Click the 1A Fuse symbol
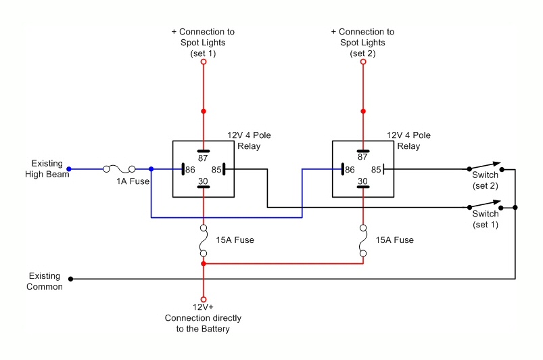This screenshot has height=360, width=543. point(119,169)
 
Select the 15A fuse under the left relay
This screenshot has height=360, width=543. point(203,240)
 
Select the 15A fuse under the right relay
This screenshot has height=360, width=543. point(363,240)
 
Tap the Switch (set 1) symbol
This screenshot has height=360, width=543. point(484,204)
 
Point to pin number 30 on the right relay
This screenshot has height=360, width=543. point(363,181)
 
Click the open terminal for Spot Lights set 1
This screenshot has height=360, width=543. point(203,62)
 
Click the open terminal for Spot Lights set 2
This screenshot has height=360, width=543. point(363,62)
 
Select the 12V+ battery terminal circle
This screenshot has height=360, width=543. point(203,298)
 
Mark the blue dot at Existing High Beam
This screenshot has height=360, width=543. point(68,169)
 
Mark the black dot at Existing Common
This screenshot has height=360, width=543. point(72,278)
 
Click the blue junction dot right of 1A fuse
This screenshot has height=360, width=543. point(151,169)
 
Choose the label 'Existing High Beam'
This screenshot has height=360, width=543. point(47,169)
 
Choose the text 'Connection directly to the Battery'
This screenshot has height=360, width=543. point(203,323)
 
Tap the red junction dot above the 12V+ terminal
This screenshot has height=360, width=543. point(203,263)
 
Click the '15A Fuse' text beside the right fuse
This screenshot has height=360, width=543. point(395,240)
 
